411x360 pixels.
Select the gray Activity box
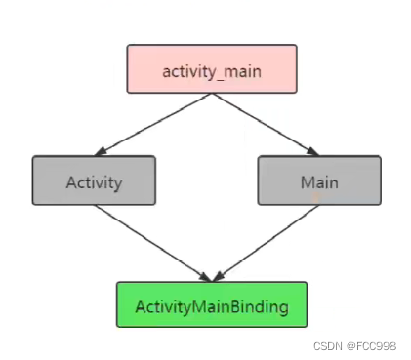[x=94, y=180]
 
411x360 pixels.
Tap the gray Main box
[x=318, y=180]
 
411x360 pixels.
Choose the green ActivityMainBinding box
[x=212, y=305]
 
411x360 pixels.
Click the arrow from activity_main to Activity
[x=156, y=123]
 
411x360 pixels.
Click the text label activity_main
[x=212, y=71]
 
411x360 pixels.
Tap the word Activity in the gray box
[x=93, y=181]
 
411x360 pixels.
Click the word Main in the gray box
[x=318, y=181]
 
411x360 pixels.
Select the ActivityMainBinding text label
[x=212, y=306]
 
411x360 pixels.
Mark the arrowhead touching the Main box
[x=313, y=151]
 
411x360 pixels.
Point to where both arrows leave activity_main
[x=212, y=95]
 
